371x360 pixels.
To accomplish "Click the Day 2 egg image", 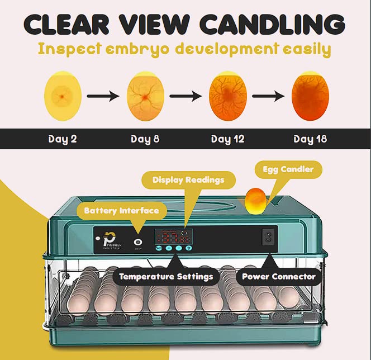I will pyautogui.click(x=63, y=96).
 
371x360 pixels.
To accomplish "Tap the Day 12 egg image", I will pyautogui.click(x=228, y=96).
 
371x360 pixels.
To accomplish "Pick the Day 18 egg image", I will pyautogui.click(x=311, y=96).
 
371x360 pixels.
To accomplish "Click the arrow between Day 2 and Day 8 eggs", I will pyautogui.click(x=104, y=96).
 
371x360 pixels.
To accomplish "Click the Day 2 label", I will pyautogui.click(x=62, y=139).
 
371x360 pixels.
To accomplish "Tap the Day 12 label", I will pyautogui.click(x=228, y=139).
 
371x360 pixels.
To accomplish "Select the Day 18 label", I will pyautogui.click(x=311, y=139).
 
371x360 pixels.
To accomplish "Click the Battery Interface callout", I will pyautogui.click(x=121, y=211).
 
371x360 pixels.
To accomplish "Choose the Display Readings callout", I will pyautogui.click(x=188, y=180).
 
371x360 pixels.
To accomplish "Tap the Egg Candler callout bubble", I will pyautogui.click(x=288, y=169).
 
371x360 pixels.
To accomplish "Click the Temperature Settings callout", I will pyautogui.click(x=165, y=276).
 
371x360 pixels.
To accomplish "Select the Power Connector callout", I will pyautogui.click(x=278, y=276).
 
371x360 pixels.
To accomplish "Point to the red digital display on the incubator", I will pyautogui.click(x=174, y=237).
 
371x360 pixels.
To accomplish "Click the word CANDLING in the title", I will pyautogui.click(x=272, y=24).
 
